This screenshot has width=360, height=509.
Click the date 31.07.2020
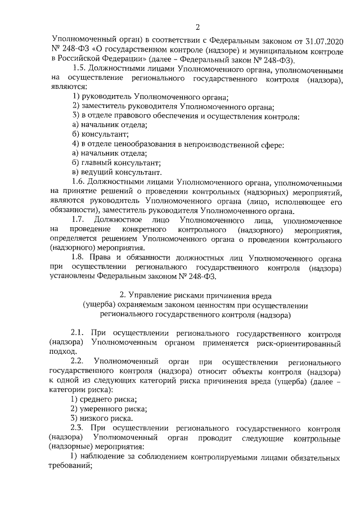pyautogui.click(x=324, y=42)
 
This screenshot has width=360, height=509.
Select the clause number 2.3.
pyautogui.click(x=79, y=427)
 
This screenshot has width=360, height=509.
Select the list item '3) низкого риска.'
pyautogui.click(x=102, y=418)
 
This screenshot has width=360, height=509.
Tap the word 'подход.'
pyautogui.click(x=62, y=352)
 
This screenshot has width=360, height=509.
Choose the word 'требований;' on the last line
pyautogui.click(x=70, y=466)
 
